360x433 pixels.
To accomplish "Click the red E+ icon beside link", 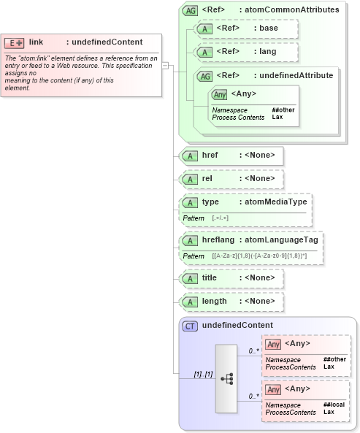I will pyautogui.click(x=15, y=42).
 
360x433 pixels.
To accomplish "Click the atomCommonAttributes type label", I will pyautogui.click(x=292, y=10).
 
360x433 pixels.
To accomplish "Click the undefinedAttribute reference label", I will pyautogui.click(x=293, y=74).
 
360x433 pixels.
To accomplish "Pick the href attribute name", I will pyautogui.click(x=210, y=156).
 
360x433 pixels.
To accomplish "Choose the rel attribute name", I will pyautogui.click(x=207, y=179).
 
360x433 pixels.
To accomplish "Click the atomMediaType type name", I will pyautogui.click(x=275, y=202).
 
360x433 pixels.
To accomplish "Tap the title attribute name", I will pyautogui.click(x=210, y=278).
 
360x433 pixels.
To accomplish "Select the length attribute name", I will pyautogui.click(x=214, y=302).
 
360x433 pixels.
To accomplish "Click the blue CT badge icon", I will pyautogui.click(x=190, y=326).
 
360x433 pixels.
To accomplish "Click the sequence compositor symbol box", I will pyautogui.click(x=226, y=378).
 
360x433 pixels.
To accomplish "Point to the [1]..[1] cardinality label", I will pyautogui.click(x=202, y=374).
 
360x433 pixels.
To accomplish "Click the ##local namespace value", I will pyautogui.click(x=334, y=405).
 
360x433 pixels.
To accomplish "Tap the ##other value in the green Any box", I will pyautogui.click(x=283, y=110).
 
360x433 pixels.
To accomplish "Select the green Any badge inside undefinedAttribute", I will pyautogui.click(x=219, y=94).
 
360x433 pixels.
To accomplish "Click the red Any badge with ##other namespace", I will pyautogui.click(x=273, y=344).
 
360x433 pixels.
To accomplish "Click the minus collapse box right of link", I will pyautogui.click(x=166, y=66).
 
